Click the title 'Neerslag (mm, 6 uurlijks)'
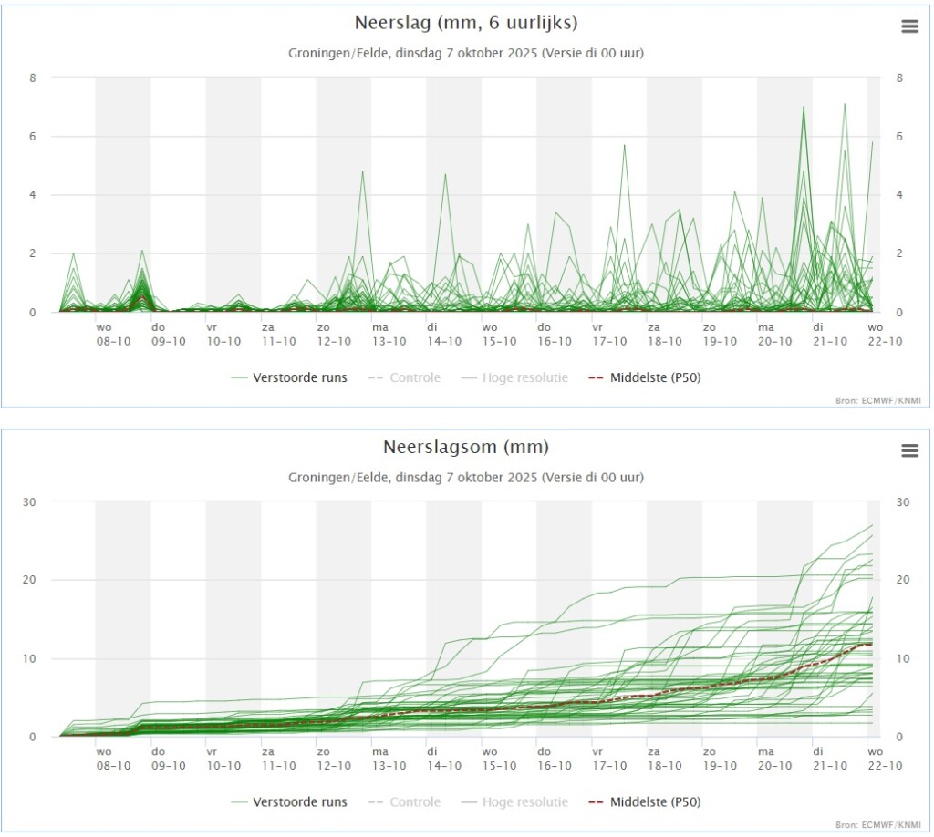point(466,23)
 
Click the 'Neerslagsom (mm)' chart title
point(466,447)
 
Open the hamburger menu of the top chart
point(909,26)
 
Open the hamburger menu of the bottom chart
point(909,450)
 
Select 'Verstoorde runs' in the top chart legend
point(299,377)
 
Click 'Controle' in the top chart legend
point(415,377)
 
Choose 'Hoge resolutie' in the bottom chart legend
point(524,801)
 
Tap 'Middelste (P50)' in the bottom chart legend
point(655,801)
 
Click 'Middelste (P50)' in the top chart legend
point(655,377)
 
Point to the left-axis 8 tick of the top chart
point(33,78)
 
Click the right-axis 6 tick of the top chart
point(899,137)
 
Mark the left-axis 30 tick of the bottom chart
point(29,502)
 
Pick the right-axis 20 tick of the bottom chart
point(903,580)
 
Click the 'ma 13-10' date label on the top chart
point(389,335)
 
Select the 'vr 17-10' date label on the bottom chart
point(609,759)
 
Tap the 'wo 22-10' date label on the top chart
point(885,335)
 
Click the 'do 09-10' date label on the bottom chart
point(169,759)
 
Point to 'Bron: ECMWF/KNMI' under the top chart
point(878,400)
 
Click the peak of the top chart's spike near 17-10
point(624,145)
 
